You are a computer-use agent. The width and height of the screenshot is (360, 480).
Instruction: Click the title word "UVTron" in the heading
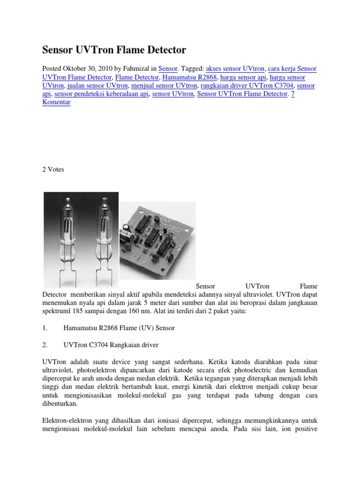coord(97,49)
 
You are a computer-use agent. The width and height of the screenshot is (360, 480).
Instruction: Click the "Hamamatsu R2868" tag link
coord(189,77)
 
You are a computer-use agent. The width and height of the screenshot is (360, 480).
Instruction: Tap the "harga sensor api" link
coord(243,77)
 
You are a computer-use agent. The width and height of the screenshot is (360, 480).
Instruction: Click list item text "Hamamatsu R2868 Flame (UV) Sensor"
coord(119,328)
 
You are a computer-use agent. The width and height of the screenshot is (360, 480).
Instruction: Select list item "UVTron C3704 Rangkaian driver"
coord(111,345)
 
